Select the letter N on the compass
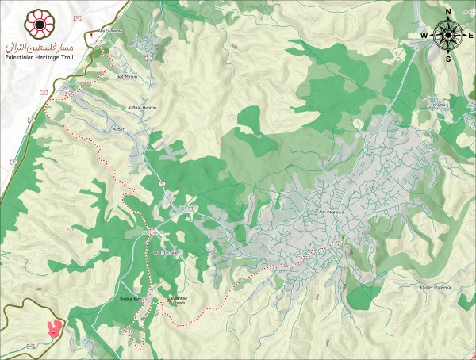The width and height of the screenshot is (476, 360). pos(448,11)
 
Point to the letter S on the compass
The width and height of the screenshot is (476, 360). pos(448,58)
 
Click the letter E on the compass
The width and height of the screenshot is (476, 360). pos(471,35)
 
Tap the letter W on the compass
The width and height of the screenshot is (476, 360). pos(424,35)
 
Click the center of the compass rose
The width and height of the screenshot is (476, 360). pos(448,35)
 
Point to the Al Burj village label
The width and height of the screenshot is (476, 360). pos(120,128)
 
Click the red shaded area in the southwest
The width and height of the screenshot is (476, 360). pos(54,327)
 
